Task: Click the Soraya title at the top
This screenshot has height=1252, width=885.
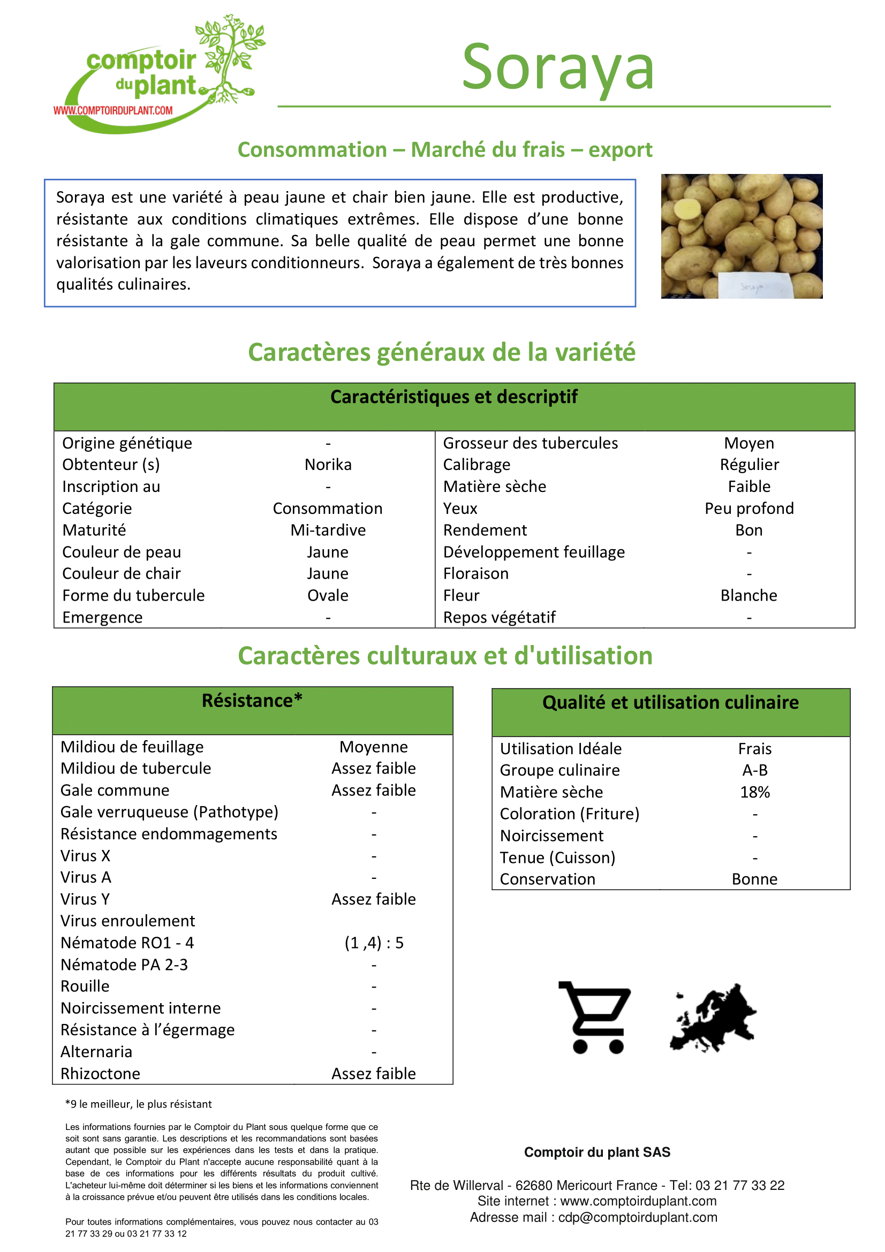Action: click(x=557, y=67)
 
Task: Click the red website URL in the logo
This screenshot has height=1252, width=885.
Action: click(x=113, y=111)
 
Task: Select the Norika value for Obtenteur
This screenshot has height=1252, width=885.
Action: click(x=328, y=465)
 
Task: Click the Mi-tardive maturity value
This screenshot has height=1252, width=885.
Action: click(x=328, y=530)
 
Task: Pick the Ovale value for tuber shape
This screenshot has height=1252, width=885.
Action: click(x=328, y=595)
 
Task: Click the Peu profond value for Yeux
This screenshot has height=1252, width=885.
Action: click(x=748, y=508)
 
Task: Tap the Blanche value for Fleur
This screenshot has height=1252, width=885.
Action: click(x=748, y=595)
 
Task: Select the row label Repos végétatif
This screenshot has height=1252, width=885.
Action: click(x=499, y=617)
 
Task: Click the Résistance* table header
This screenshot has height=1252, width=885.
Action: click(x=252, y=701)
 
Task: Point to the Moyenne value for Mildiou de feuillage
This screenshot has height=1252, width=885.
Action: click(x=374, y=747)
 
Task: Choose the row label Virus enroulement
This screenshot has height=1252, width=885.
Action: click(x=127, y=921)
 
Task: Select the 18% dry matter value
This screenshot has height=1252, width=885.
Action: click(x=755, y=792)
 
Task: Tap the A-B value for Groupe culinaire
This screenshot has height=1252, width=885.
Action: click(x=755, y=770)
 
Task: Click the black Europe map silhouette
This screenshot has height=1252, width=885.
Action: click(x=714, y=1018)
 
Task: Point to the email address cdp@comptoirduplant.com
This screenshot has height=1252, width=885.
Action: click(x=638, y=1218)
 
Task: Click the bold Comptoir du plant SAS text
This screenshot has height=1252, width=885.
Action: click(x=597, y=1152)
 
